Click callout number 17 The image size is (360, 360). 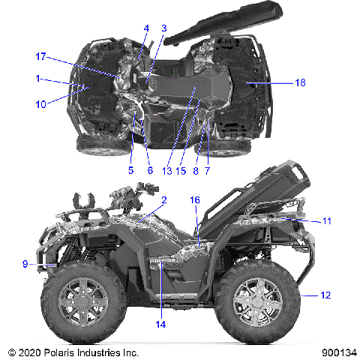(x=41, y=56)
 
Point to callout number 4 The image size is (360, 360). (x=146, y=28)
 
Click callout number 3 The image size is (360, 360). (x=164, y=28)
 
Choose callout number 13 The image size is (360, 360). (x=166, y=170)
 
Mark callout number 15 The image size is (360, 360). (x=181, y=170)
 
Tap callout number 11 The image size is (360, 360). (x=327, y=221)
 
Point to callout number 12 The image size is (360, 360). (x=325, y=295)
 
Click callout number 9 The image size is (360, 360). (x=25, y=263)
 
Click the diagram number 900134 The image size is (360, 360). (x=337, y=352)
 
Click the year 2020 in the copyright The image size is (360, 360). (x=27, y=352)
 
